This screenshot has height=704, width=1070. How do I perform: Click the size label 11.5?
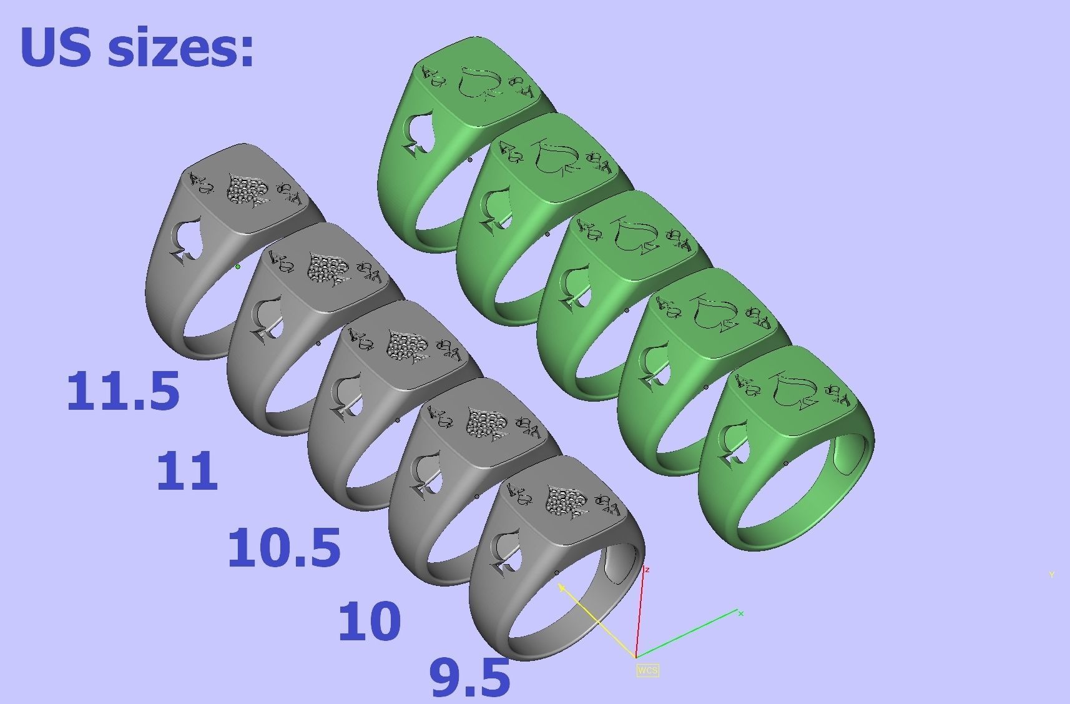point(123,391)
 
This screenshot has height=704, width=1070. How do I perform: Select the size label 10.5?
point(284,548)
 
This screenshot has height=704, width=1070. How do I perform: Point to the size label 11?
point(187,471)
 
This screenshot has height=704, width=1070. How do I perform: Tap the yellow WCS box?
point(647,670)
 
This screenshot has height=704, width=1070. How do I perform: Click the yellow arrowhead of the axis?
point(561,587)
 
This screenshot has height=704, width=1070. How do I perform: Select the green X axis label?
point(741,613)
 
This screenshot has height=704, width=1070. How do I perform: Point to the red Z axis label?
point(647,570)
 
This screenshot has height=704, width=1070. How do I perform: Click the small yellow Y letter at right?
point(1051,575)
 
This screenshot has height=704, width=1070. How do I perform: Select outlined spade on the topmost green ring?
point(477,83)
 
